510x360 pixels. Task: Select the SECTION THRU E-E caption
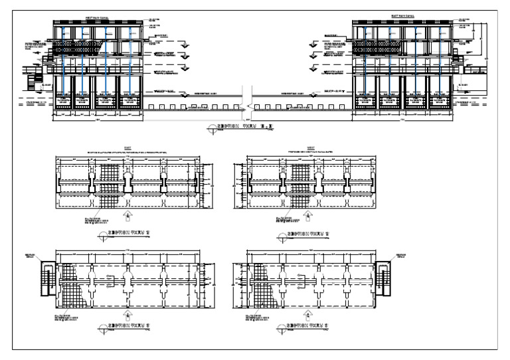pos(242,125)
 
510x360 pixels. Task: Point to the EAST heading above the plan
pos(128,149)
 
